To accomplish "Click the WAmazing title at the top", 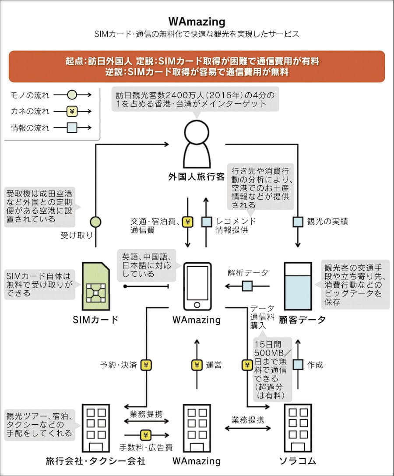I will (x=197, y=21).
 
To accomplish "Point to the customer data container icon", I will (x=298, y=286).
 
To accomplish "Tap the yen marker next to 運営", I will (x=197, y=365).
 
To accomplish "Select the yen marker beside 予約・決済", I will (x=146, y=365).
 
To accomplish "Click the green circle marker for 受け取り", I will (x=95, y=222).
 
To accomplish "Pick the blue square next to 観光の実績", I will (x=298, y=222).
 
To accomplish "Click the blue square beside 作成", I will (x=298, y=365).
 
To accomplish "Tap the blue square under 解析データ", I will (x=247, y=286).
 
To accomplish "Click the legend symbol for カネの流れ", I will (x=72, y=111).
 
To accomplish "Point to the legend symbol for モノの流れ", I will (x=72, y=95).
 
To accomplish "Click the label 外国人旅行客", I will (x=197, y=176).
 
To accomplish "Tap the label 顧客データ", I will (x=302, y=320).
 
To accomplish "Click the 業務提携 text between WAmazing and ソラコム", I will (x=248, y=420).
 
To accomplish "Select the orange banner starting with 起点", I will (x=197, y=67).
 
